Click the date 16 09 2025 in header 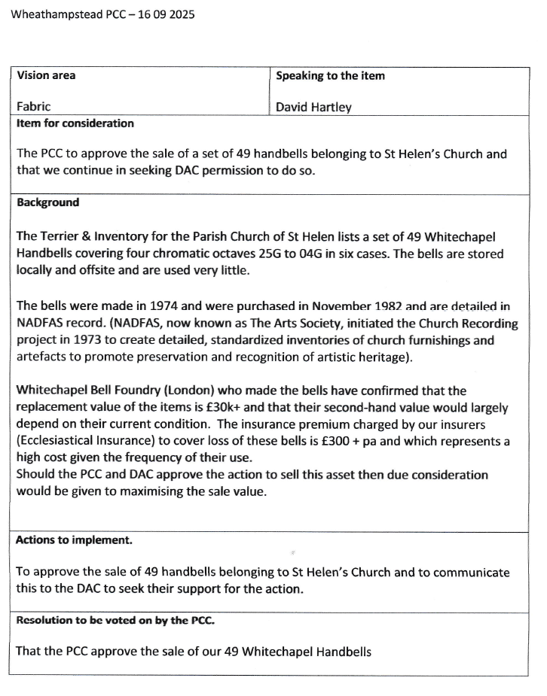pos(164,14)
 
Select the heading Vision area pos(46,75)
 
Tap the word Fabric pos(34,107)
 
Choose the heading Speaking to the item pos(330,75)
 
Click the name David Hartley pos(313,107)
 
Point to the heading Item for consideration pos(75,123)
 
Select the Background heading pos(47,202)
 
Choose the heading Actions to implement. pos(74,539)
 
